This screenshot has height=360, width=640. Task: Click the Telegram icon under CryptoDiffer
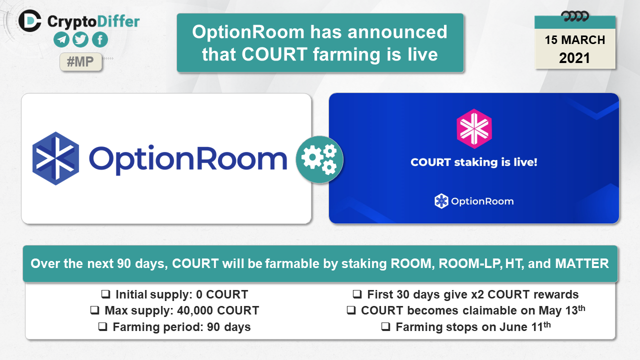click(61, 39)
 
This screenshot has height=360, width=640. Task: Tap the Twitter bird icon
click(80, 39)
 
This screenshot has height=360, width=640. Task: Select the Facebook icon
click(100, 39)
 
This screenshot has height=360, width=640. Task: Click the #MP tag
click(80, 61)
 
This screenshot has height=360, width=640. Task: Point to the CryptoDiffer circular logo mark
click(29, 20)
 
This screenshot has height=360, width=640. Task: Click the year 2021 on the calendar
click(574, 58)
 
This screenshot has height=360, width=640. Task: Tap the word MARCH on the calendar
click(583, 40)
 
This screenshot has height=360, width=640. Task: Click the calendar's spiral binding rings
click(575, 16)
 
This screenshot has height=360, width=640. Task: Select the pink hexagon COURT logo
click(474, 128)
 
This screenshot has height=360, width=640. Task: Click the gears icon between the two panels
click(319, 159)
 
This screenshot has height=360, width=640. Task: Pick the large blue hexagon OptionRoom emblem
click(55, 158)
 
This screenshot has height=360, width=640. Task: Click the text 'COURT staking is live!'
click(474, 162)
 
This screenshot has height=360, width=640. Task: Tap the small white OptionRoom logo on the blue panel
click(474, 201)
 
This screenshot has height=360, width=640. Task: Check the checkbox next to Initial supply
click(105, 294)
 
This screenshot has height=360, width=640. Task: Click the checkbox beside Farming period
click(103, 326)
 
